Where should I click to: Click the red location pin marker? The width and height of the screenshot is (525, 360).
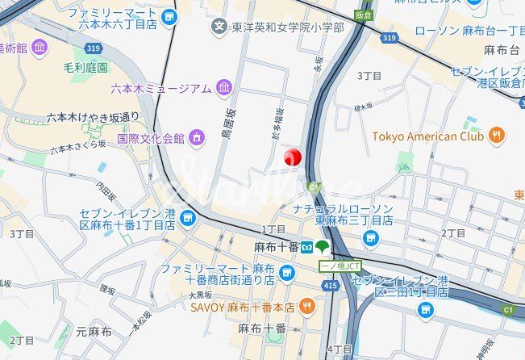tap(293, 156)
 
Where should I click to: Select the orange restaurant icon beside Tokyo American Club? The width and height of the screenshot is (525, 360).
tap(498, 136)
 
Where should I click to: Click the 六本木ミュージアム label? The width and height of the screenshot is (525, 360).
tap(161, 88)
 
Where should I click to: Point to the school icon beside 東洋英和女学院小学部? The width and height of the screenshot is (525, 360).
tap(219, 28)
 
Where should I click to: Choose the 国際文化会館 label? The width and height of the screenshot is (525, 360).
tap(151, 138)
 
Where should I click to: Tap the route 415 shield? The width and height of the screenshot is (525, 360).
tap(328, 285)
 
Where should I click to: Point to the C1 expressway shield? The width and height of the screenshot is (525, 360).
tap(508, 308)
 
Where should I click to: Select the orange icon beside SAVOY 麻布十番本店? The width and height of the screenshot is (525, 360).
tap(306, 307)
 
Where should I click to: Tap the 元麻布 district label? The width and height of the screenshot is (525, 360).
tap(94, 331)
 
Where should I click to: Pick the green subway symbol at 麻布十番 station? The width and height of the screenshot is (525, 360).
tap(323, 246)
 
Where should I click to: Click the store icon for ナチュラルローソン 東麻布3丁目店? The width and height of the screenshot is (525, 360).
tap(370, 237)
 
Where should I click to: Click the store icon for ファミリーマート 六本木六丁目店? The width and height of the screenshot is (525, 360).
tap(168, 16)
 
